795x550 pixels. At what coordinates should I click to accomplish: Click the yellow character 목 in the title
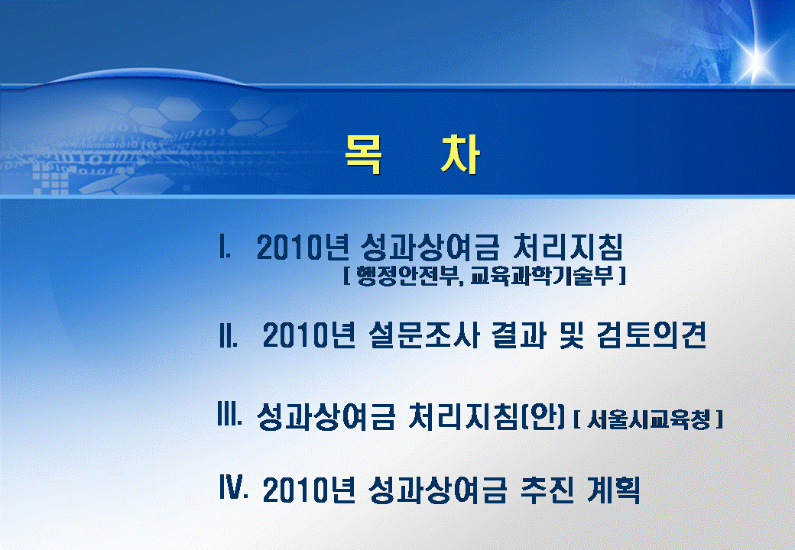point(364,154)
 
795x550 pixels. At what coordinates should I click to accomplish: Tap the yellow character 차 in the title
point(460,154)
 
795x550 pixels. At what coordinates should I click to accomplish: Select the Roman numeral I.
point(225,247)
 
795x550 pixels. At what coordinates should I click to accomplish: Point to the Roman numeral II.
point(229,335)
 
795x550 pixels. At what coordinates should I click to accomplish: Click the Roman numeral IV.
point(234,487)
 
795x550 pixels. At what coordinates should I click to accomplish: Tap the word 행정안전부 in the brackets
point(409,276)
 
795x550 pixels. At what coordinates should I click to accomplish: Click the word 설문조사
point(423,335)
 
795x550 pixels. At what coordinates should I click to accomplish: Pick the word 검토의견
point(652,335)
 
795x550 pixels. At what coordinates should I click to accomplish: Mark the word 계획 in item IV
point(613,490)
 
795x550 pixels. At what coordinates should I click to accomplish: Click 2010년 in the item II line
point(309,335)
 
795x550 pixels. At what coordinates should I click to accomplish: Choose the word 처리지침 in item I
point(568,247)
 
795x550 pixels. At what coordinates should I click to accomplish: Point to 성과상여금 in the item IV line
point(437,490)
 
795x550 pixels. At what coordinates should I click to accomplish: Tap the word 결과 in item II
point(519,335)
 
